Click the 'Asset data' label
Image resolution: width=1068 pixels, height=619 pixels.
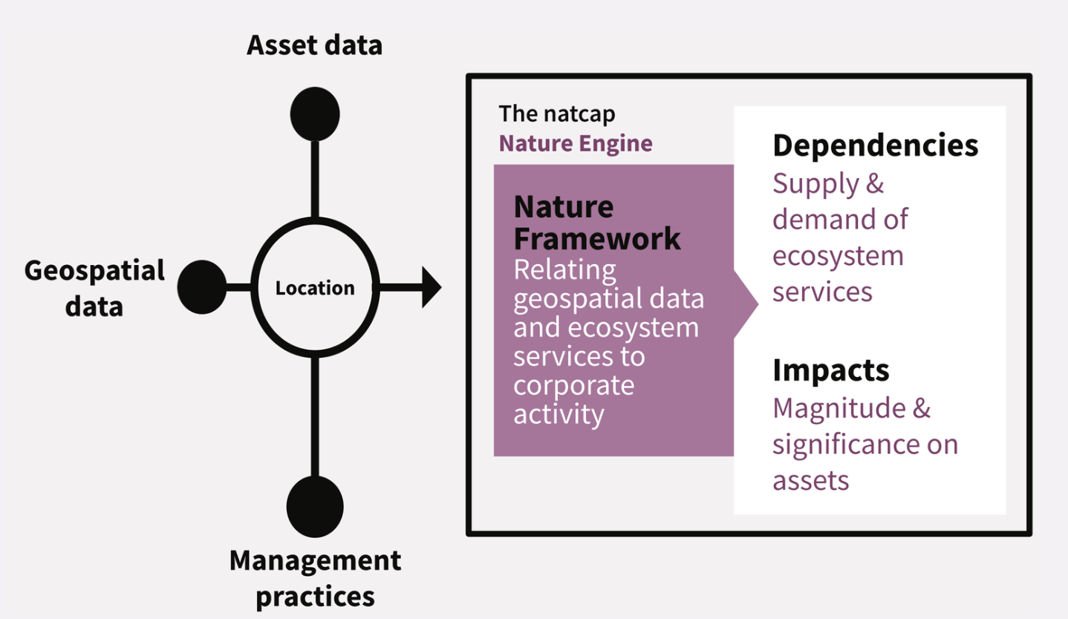[315, 46]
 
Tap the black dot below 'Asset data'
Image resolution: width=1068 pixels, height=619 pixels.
[315, 114]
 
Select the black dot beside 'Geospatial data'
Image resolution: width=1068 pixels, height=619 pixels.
[202, 287]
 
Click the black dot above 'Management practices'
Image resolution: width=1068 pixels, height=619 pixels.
[315, 506]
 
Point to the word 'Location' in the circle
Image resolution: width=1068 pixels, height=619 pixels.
[315, 288]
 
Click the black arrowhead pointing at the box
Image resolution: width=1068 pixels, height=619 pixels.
[432, 287]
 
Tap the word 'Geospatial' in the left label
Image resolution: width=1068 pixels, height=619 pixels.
[94, 272]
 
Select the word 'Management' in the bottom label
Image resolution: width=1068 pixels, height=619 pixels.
[315, 560]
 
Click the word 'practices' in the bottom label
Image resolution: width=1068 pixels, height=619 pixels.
[315, 597]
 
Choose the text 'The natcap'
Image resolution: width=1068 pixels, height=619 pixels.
[557, 114]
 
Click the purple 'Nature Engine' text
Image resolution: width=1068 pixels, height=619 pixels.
[576, 143]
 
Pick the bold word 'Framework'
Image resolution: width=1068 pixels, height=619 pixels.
[597, 238]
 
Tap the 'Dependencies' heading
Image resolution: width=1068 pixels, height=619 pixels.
[876, 145]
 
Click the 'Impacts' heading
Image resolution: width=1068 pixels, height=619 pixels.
[831, 370]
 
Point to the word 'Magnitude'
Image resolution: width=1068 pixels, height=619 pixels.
[839, 408]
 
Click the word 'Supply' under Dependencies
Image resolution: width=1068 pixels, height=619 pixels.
[815, 184]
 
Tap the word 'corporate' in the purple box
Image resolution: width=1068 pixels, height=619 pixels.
[574, 385]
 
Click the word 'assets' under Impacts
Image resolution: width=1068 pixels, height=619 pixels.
[811, 481]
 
